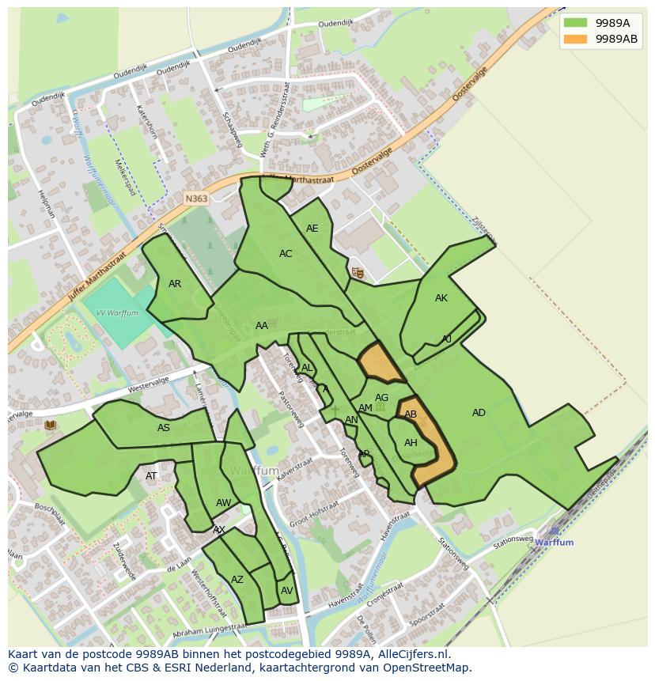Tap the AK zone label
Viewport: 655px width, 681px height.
[x=441, y=298]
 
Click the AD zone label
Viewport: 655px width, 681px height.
[x=479, y=413]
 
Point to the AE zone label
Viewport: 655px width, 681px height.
[x=312, y=229]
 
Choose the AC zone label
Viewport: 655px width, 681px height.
[x=286, y=254]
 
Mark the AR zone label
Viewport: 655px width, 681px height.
[x=175, y=284]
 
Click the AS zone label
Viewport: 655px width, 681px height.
[x=163, y=428]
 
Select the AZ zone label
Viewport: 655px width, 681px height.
[x=237, y=580]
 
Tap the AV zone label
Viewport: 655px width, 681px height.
[x=286, y=591]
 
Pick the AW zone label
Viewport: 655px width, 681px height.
[x=223, y=503]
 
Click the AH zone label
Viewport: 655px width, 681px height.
[x=411, y=443]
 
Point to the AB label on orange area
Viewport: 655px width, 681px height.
[x=411, y=414]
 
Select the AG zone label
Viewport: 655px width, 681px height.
[x=381, y=398]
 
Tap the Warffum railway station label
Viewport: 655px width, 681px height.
[x=554, y=543]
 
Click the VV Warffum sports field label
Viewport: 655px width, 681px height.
[x=117, y=313]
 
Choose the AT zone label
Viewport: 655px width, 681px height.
[x=151, y=476]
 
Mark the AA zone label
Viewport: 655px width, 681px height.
[x=261, y=326]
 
